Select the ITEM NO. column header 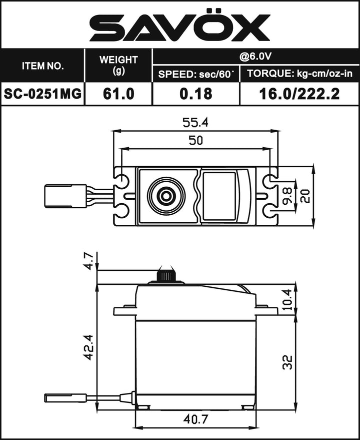(42, 66)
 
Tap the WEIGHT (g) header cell (118, 66)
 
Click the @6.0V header (255, 56)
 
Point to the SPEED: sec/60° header (196, 75)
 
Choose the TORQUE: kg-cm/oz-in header (299, 75)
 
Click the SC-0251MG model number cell (42, 94)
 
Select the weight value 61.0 (118, 94)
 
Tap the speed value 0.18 (196, 94)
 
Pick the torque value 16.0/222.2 (299, 94)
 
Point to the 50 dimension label (196, 141)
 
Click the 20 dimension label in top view (306, 196)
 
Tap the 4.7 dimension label (88, 261)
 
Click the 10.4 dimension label (287, 299)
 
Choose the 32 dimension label (287, 361)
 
